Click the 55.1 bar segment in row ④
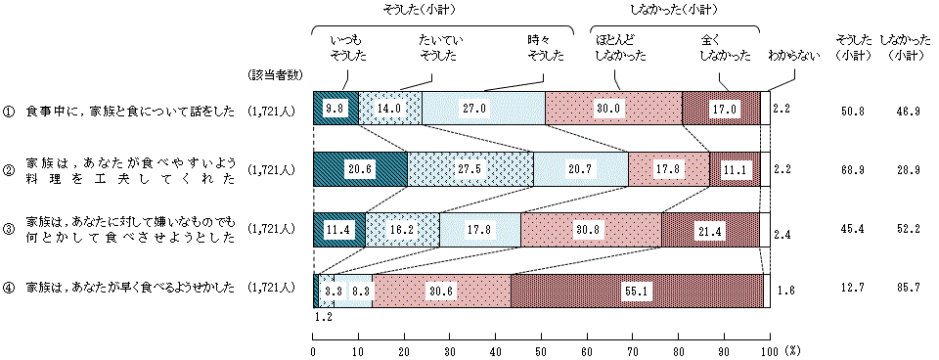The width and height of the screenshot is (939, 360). (636, 291)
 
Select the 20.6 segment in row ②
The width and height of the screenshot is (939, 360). (360, 169)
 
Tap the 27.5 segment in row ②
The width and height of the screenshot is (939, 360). (470, 169)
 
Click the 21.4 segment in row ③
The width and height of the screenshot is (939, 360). (710, 230)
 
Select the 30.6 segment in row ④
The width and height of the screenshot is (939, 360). (441, 291)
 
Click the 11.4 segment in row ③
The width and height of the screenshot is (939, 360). (338, 230)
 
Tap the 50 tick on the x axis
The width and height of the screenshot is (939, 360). (541, 349)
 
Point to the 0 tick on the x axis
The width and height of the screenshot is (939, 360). (313, 349)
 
